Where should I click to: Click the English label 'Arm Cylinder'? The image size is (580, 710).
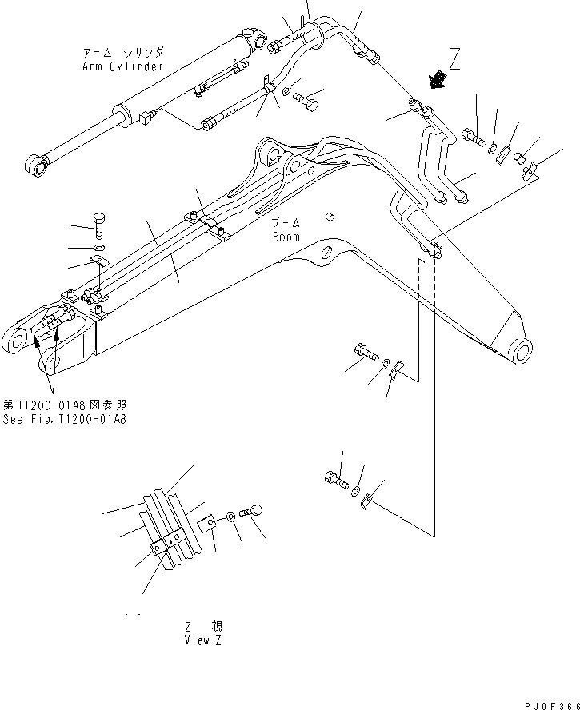pyautogui.click(x=122, y=66)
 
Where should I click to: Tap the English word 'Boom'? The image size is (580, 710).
pyautogui.click(x=286, y=237)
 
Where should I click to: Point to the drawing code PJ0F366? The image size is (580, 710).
pyautogui.click(x=551, y=701)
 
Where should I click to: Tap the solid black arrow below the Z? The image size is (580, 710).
pyautogui.click(x=438, y=79)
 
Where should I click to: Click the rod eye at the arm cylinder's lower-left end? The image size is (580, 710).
pyautogui.click(x=36, y=166)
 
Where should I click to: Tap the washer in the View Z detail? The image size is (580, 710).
pyautogui.click(x=230, y=517)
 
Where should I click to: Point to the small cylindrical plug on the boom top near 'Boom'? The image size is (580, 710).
pyautogui.click(x=329, y=216)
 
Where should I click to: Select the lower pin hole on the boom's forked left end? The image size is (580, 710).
pyautogui.click(x=51, y=364)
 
